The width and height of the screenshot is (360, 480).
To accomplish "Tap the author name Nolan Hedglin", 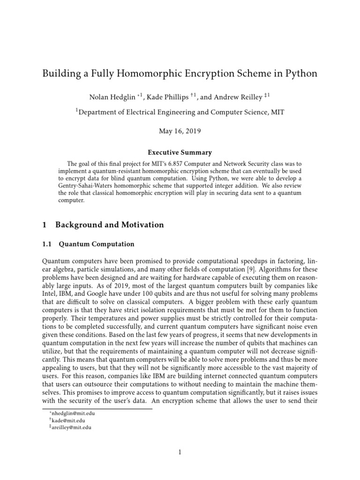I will [x=111, y=97].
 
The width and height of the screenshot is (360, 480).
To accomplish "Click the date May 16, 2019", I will [x=180, y=131].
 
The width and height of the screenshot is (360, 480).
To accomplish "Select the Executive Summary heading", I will [x=180, y=152].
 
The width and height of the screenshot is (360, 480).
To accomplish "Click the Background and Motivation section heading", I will [x=110, y=225].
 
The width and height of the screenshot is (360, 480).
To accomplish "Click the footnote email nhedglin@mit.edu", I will [x=73, y=414].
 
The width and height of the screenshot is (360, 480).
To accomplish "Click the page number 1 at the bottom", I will [x=180, y=452].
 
